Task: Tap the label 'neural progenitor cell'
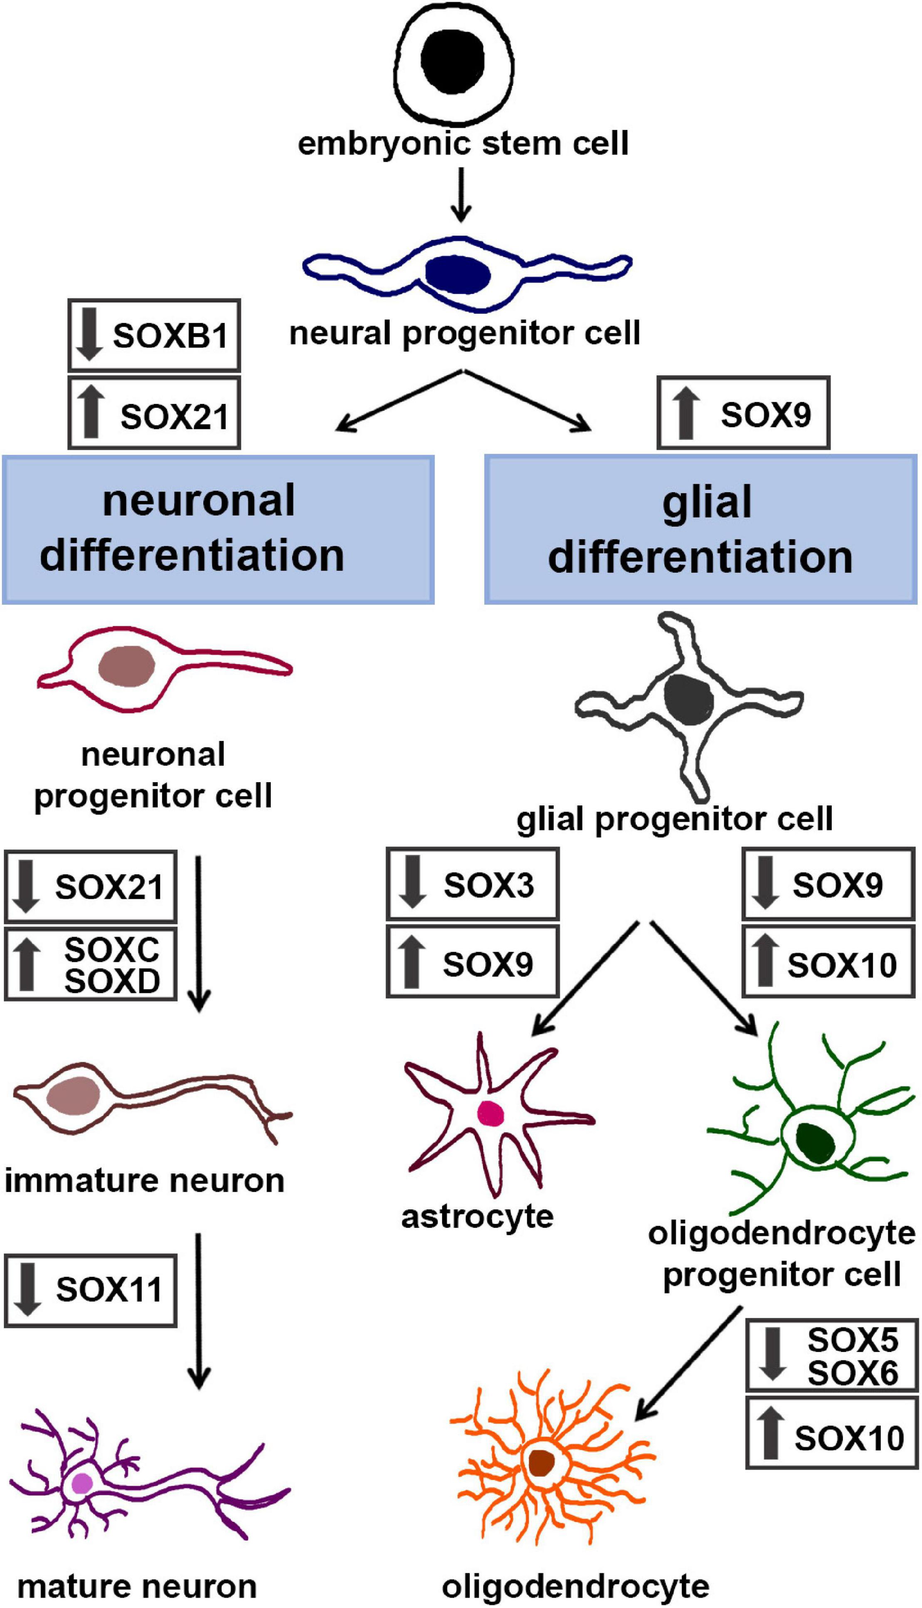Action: click(465, 334)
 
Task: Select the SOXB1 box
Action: click(154, 335)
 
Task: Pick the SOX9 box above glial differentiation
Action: click(743, 414)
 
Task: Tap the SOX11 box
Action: click(91, 1289)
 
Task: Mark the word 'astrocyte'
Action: click(477, 1216)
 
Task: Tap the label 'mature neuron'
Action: click(137, 1586)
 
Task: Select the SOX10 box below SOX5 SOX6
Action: click(832, 1438)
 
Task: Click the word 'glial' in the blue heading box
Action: click(707, 502)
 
